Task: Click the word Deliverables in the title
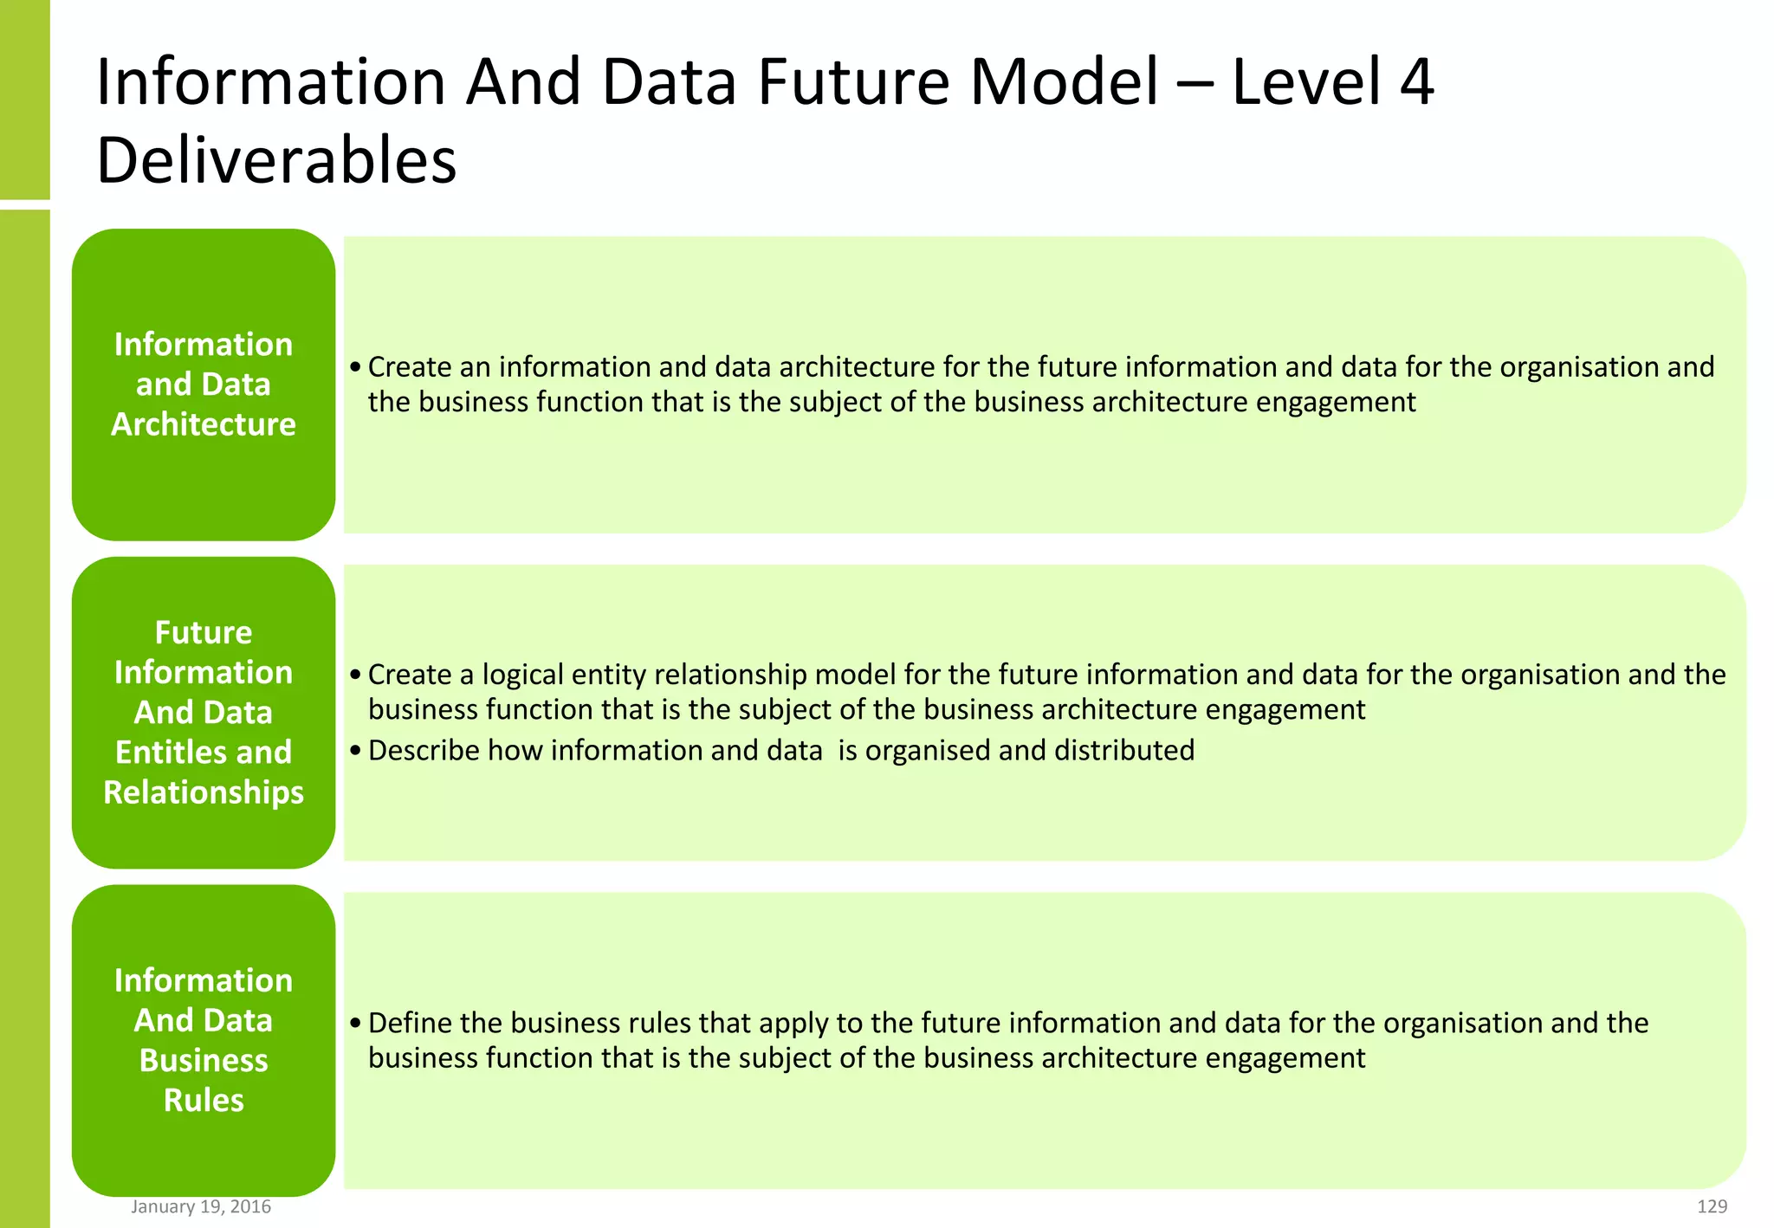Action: point(276,161)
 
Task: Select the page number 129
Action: point(1712,1206)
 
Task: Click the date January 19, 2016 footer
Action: point(201,1206)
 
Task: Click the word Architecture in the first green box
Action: point(204,424)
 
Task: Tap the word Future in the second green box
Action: point(204,633)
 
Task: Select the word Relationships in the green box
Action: point(204,792)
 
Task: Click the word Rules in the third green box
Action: point(204,1100)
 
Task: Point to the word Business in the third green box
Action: point(204,1060)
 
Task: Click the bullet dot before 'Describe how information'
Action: point(355,751)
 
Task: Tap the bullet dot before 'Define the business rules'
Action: point(355,1024)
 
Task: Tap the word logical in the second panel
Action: point(522,675)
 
